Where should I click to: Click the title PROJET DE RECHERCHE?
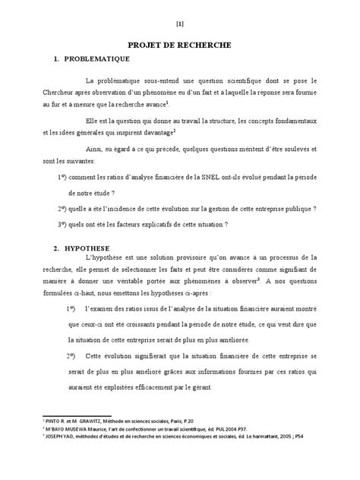click(180, 46)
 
